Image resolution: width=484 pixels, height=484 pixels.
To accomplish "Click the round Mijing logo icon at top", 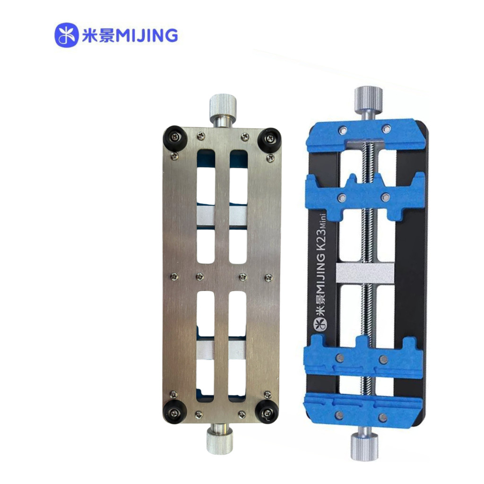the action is click(66, 35).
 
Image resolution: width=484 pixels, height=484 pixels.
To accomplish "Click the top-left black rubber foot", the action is click(174, 138).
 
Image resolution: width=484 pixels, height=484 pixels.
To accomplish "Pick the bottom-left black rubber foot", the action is click(175, 412).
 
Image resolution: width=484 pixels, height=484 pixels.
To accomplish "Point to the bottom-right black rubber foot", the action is click(267, 412).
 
